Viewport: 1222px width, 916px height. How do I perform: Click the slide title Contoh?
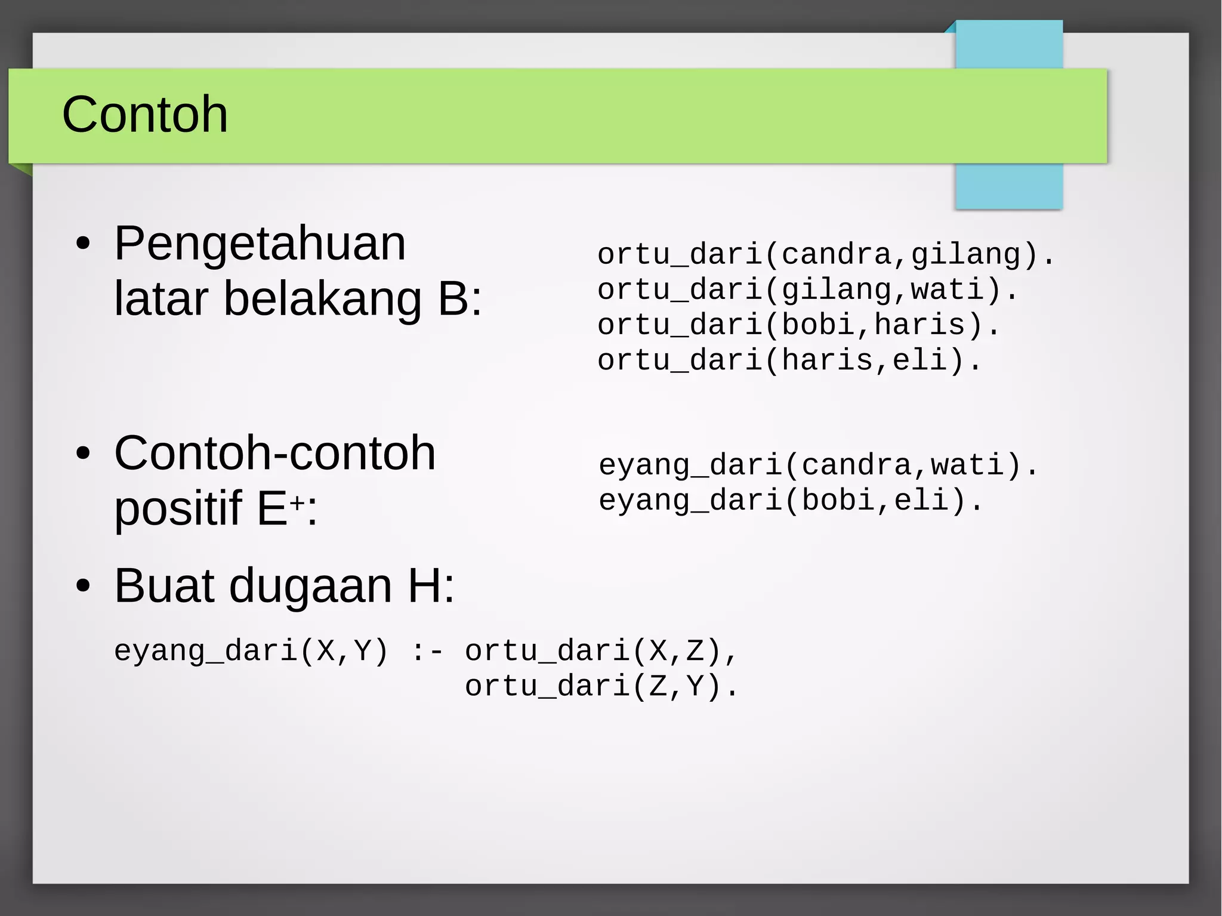(145, 114)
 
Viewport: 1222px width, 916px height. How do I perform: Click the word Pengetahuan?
(260, 243)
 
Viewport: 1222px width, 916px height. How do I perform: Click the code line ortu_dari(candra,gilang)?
(826, 254)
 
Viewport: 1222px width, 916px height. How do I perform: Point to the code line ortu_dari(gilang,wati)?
(807, 290)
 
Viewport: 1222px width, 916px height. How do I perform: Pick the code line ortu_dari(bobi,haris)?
(798, 325)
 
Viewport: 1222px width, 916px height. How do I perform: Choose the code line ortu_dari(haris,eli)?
(789, 360)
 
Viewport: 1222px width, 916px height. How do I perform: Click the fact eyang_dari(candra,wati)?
(818, 465)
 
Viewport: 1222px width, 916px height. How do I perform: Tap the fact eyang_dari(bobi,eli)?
(790, 500)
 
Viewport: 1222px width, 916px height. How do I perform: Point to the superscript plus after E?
(298, 503)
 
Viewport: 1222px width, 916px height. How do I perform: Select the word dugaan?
(310, 586)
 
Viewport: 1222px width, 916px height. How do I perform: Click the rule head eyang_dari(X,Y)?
(251, 651)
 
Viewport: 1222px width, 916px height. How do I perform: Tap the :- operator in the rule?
(427, 651)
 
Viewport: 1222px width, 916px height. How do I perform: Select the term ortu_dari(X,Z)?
(601, 651)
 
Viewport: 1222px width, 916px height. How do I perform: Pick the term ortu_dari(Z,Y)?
(601, 686)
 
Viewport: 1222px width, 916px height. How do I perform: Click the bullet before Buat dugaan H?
(84, 587)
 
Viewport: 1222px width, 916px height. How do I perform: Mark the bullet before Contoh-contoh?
(84, 454)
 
